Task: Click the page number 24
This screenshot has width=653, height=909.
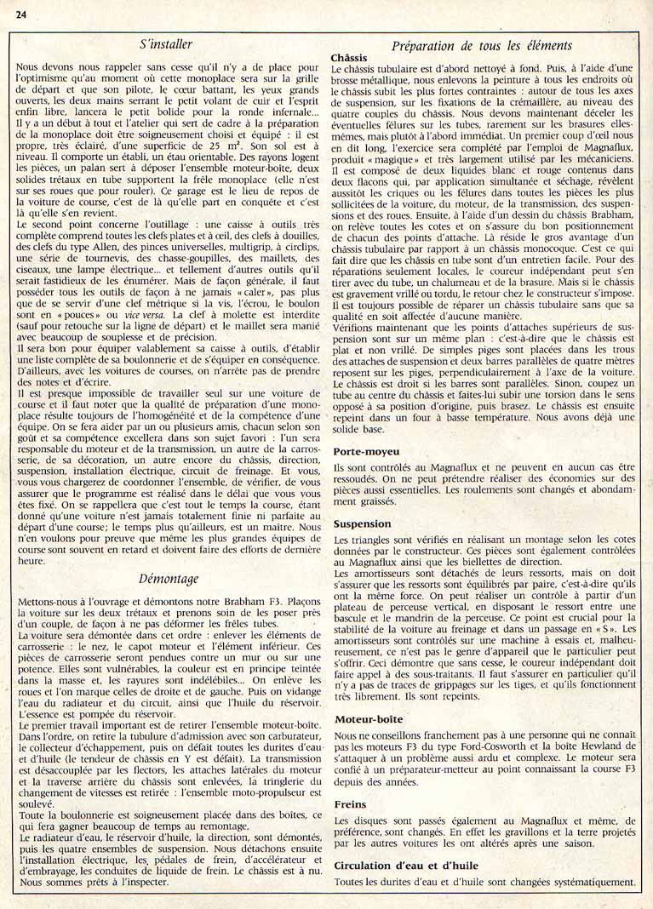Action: [21, 13]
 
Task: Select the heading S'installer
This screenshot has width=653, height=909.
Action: [165, 43]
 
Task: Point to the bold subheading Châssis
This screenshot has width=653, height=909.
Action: [348, 57]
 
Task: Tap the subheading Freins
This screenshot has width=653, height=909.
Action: [351, 803]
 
